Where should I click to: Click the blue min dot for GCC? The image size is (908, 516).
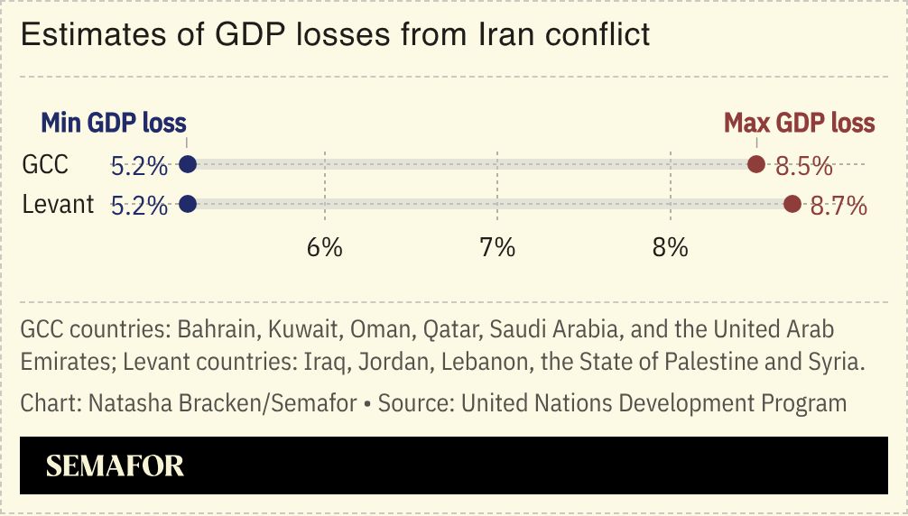188,164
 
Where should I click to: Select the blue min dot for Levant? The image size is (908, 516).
188,204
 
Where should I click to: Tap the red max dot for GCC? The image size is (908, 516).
756,164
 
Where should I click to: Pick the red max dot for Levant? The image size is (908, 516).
792,204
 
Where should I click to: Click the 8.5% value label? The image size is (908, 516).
803,166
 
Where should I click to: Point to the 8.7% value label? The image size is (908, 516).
839,206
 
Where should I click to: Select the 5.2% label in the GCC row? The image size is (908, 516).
139,166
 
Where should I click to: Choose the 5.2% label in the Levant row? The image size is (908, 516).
139,206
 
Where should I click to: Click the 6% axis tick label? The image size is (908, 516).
324,247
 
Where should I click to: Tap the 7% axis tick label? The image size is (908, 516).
497,247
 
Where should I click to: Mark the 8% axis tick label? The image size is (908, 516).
671,247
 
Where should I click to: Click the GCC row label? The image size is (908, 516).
45,165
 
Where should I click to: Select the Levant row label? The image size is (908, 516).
58,205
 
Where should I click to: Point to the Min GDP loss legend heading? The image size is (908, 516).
114,123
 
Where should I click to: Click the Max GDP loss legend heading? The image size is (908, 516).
799,123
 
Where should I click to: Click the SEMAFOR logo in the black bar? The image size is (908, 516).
115,465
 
